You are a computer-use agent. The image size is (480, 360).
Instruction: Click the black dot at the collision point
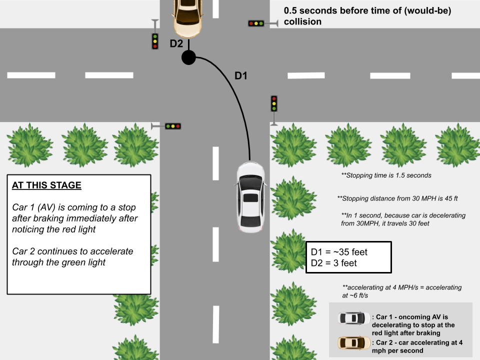click(188, 58)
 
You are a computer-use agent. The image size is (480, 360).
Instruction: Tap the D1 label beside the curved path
click(241, 76)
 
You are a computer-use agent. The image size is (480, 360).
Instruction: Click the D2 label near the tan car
click(176, 43)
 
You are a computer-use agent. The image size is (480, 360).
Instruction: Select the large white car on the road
click(250, 196)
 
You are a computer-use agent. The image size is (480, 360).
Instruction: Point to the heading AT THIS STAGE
click(46, 185)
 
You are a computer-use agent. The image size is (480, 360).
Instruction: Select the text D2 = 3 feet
click(334, 262)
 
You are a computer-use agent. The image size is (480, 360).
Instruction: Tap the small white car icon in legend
click(354, 317)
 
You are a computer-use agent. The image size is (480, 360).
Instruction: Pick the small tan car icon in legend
click(354, 342)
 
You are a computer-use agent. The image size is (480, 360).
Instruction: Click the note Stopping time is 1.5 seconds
click(386, 175)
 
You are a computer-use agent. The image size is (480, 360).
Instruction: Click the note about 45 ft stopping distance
click(397, 198)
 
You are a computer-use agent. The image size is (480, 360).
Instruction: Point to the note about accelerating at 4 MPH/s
click(402, 291)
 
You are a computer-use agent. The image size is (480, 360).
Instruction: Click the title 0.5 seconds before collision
click(367, 16)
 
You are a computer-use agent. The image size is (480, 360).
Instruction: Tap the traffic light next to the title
click(256, 23)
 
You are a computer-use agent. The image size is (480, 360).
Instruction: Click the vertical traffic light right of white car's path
click(274, 103)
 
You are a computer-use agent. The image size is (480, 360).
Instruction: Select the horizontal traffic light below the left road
click(173, 126)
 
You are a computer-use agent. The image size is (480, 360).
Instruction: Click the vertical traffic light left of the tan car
click(155, 40)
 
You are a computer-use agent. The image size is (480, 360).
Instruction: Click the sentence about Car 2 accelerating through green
click(73, 256)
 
